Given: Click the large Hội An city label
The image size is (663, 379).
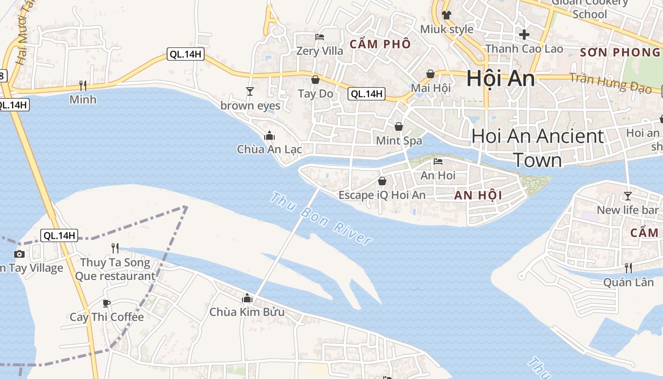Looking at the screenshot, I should pos(501,79).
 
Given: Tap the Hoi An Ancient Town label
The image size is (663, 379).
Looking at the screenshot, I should pos(538,148).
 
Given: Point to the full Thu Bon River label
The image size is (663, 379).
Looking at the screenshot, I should pos(321,218).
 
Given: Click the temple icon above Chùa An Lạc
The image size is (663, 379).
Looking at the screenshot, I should pos(269,136).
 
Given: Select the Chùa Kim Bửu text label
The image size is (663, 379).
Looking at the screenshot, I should pos(247,312).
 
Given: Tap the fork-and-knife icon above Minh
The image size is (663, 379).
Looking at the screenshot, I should pos(83,85).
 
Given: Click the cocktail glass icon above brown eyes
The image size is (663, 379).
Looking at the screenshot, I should pos(250,91).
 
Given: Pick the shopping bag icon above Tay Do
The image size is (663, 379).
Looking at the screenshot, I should pos(315,80).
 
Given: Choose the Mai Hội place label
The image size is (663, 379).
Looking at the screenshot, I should pos(430,88).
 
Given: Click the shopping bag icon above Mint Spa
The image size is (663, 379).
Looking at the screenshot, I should pos(399,126).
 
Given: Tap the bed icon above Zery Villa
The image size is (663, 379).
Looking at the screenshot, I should pos(320,37).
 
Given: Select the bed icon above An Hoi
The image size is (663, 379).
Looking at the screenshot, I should pos(438,162).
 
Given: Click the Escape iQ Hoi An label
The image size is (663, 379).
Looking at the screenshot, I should pos(382,195).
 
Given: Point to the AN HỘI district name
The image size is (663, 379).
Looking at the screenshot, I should pos(478,195).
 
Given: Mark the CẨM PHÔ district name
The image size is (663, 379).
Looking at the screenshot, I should pos(380,45).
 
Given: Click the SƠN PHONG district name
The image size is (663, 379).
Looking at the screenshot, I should pos(619,53).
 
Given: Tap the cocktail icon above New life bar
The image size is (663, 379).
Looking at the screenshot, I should pos(628,196).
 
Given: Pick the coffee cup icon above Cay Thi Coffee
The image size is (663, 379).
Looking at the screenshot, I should pos(107,303).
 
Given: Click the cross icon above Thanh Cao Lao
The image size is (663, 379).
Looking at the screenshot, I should pos(524,35).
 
